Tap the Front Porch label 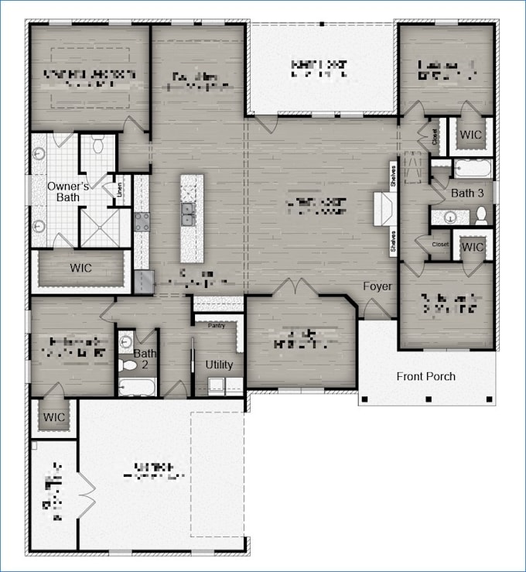pos(425,376)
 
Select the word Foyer pos(377,286)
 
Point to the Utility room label pos(219,364)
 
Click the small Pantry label pos(215,326)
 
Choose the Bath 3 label pos(467,193)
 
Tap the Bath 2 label pos(145,359)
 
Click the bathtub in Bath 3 pos(470,168)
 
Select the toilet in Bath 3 pos(480,214)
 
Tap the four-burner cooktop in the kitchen pos(142,222)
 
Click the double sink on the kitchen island pos(188,214)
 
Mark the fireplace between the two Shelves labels pos(384,210)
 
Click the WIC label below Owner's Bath pos(81,267)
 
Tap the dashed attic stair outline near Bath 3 pos(415,170)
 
